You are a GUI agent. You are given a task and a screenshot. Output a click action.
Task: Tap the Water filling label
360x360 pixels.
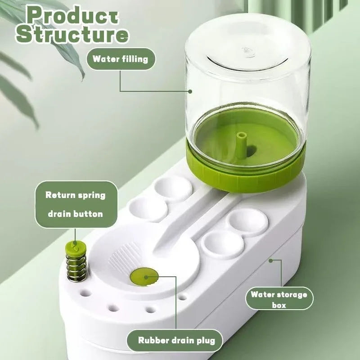[120, 59]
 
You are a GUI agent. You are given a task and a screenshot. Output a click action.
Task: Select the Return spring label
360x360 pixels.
[75, 195]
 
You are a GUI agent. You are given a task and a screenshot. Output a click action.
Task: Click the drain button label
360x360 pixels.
[75, 214]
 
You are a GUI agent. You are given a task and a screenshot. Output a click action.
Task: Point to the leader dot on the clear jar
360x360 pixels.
[190, 91]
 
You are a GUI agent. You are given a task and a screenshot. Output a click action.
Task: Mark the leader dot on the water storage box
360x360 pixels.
[271, 260]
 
